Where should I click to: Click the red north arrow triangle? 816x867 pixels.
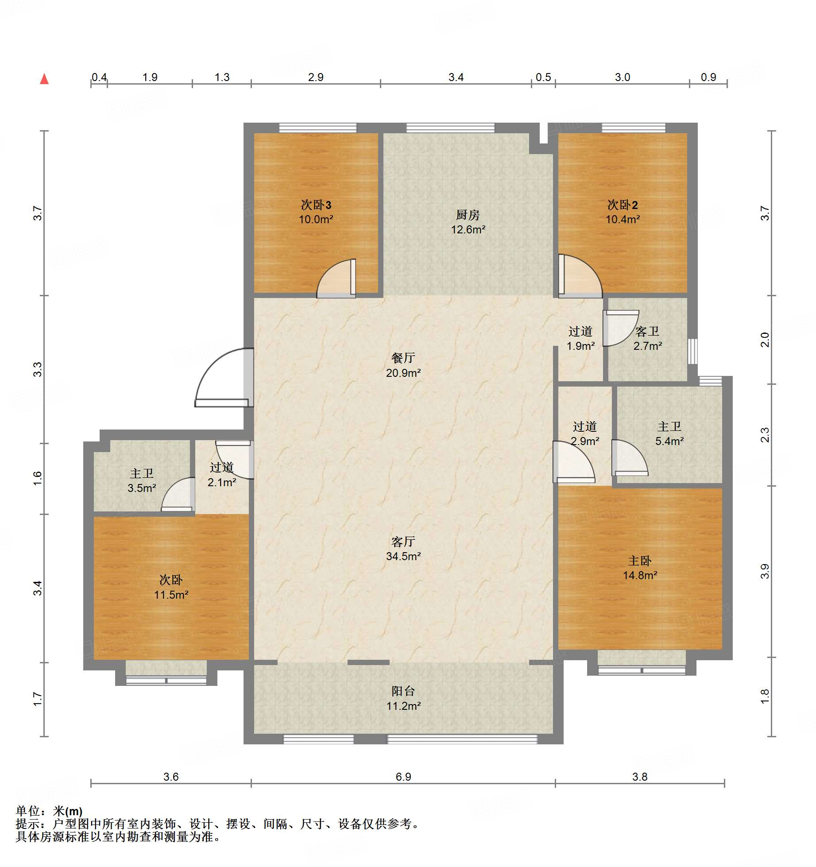click(x=44, y=79)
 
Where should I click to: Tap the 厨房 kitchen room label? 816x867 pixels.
click(x=468, y=215)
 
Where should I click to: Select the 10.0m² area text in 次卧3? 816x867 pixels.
click(x=316, y=219)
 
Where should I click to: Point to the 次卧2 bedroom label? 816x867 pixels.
click(x=623, y=205)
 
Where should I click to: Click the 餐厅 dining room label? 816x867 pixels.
click(x=403, y=358)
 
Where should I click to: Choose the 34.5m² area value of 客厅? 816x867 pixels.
click(x=403, y=556)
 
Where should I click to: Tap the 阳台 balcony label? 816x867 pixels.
click(x=403, y=691)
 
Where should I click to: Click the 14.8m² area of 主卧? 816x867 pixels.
click(x=640, y=575)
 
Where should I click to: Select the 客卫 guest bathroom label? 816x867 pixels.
click(x=647, y=331)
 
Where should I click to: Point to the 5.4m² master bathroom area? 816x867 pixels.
click(x=669, y=441)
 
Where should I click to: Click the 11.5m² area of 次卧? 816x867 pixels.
click(x=171, y=595)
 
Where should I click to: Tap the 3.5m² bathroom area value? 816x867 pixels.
click(x=142, y=488)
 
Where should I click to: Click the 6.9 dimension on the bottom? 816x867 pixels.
click(x=403, y=777)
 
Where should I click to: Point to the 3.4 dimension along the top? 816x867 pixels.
click(x=456, y=77)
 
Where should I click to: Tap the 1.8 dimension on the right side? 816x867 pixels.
click(x=765, y=697)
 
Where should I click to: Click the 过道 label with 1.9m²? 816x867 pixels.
click(x=580, y=331)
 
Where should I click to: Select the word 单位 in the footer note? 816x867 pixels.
click(x=28, y=811)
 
